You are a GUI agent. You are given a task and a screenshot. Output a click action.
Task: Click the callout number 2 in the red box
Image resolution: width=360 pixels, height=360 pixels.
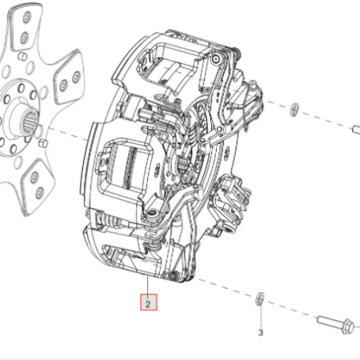(x=148, y=304)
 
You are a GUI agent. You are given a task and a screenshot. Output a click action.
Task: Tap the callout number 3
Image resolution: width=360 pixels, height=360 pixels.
(x=261, y=333)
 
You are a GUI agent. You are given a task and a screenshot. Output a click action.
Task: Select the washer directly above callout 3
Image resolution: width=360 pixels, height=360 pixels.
(x=260, y=299)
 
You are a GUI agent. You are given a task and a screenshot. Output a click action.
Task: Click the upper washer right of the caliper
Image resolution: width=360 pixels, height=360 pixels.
(x=294, y=110)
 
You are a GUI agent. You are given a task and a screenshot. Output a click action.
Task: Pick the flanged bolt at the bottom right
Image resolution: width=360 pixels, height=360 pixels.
(x=335, y=324)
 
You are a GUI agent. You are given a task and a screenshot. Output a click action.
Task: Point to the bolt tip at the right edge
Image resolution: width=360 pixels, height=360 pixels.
(x=357, y=130)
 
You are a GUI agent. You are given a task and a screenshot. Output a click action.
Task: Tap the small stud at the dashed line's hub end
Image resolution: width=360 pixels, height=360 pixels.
(x=43, y=143)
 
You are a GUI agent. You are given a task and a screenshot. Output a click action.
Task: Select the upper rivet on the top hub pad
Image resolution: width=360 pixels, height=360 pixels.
(x=26, y=18)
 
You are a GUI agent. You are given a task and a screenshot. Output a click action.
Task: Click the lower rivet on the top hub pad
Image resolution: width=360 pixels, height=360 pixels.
(x=24, y=38)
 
